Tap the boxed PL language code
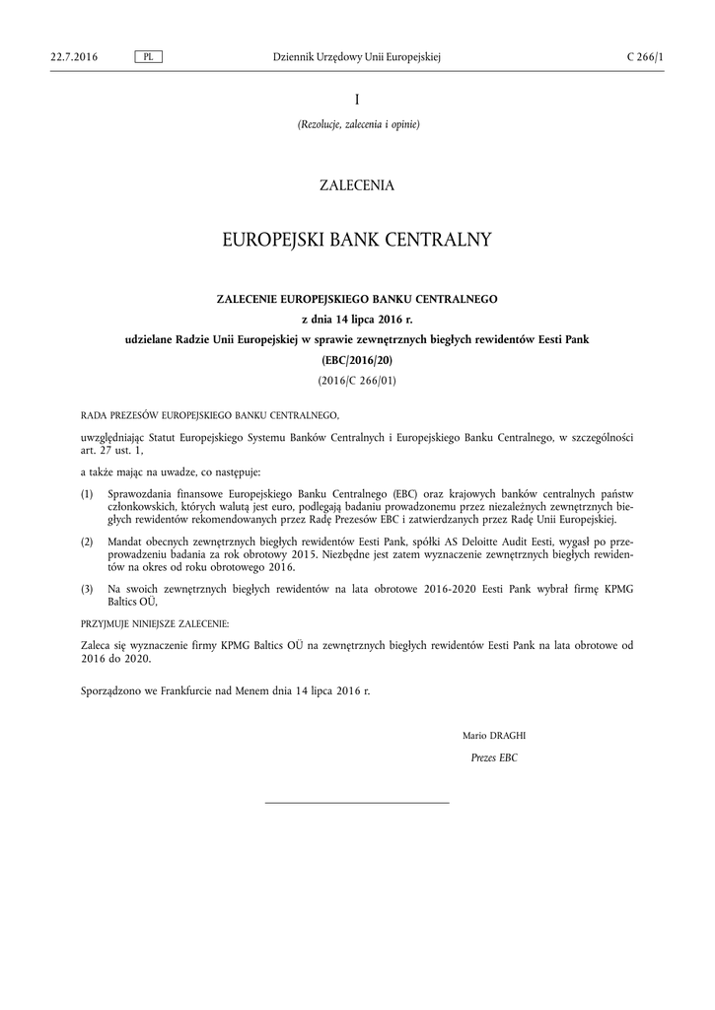pos(148,57)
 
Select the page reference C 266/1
pos(645,57)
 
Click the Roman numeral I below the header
pos(357,99)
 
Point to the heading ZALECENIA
pos(357,185)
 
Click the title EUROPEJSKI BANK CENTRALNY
pos(357,241)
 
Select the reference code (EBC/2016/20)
pos(357,361)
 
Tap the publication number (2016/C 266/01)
pos(357,380)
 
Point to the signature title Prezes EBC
pos(495,757)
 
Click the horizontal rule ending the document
pos(357,803)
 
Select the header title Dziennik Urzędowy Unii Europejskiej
pos(357,57)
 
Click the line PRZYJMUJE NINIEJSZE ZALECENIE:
pos(154,623)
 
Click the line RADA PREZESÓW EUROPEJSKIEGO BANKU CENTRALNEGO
pos(209,416)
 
